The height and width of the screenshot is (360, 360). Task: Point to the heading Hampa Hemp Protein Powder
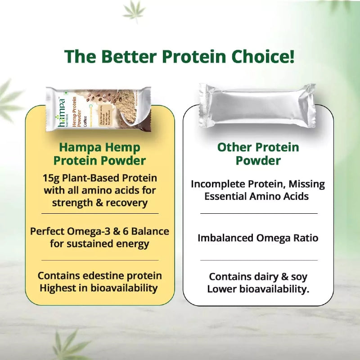99,154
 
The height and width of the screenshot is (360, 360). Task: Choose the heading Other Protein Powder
258,154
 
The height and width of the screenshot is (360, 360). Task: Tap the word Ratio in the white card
306,238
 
